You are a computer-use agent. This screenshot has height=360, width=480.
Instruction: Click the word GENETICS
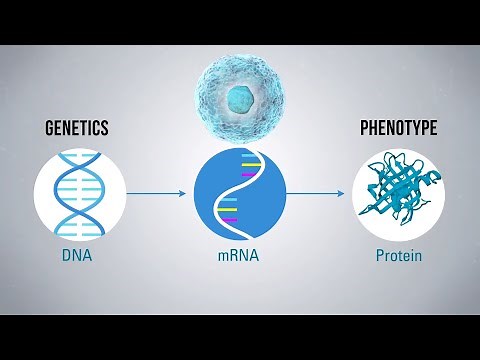(76, 129)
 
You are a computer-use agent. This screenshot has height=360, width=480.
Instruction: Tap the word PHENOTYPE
(399, 129)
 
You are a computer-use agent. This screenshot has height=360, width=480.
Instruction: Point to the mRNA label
(239, 256)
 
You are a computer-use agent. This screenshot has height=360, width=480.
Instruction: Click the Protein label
(398, 256)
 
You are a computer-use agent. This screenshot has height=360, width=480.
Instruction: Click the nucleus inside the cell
(238, 97)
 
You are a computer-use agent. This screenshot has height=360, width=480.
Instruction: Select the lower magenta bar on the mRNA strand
(229, 219)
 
